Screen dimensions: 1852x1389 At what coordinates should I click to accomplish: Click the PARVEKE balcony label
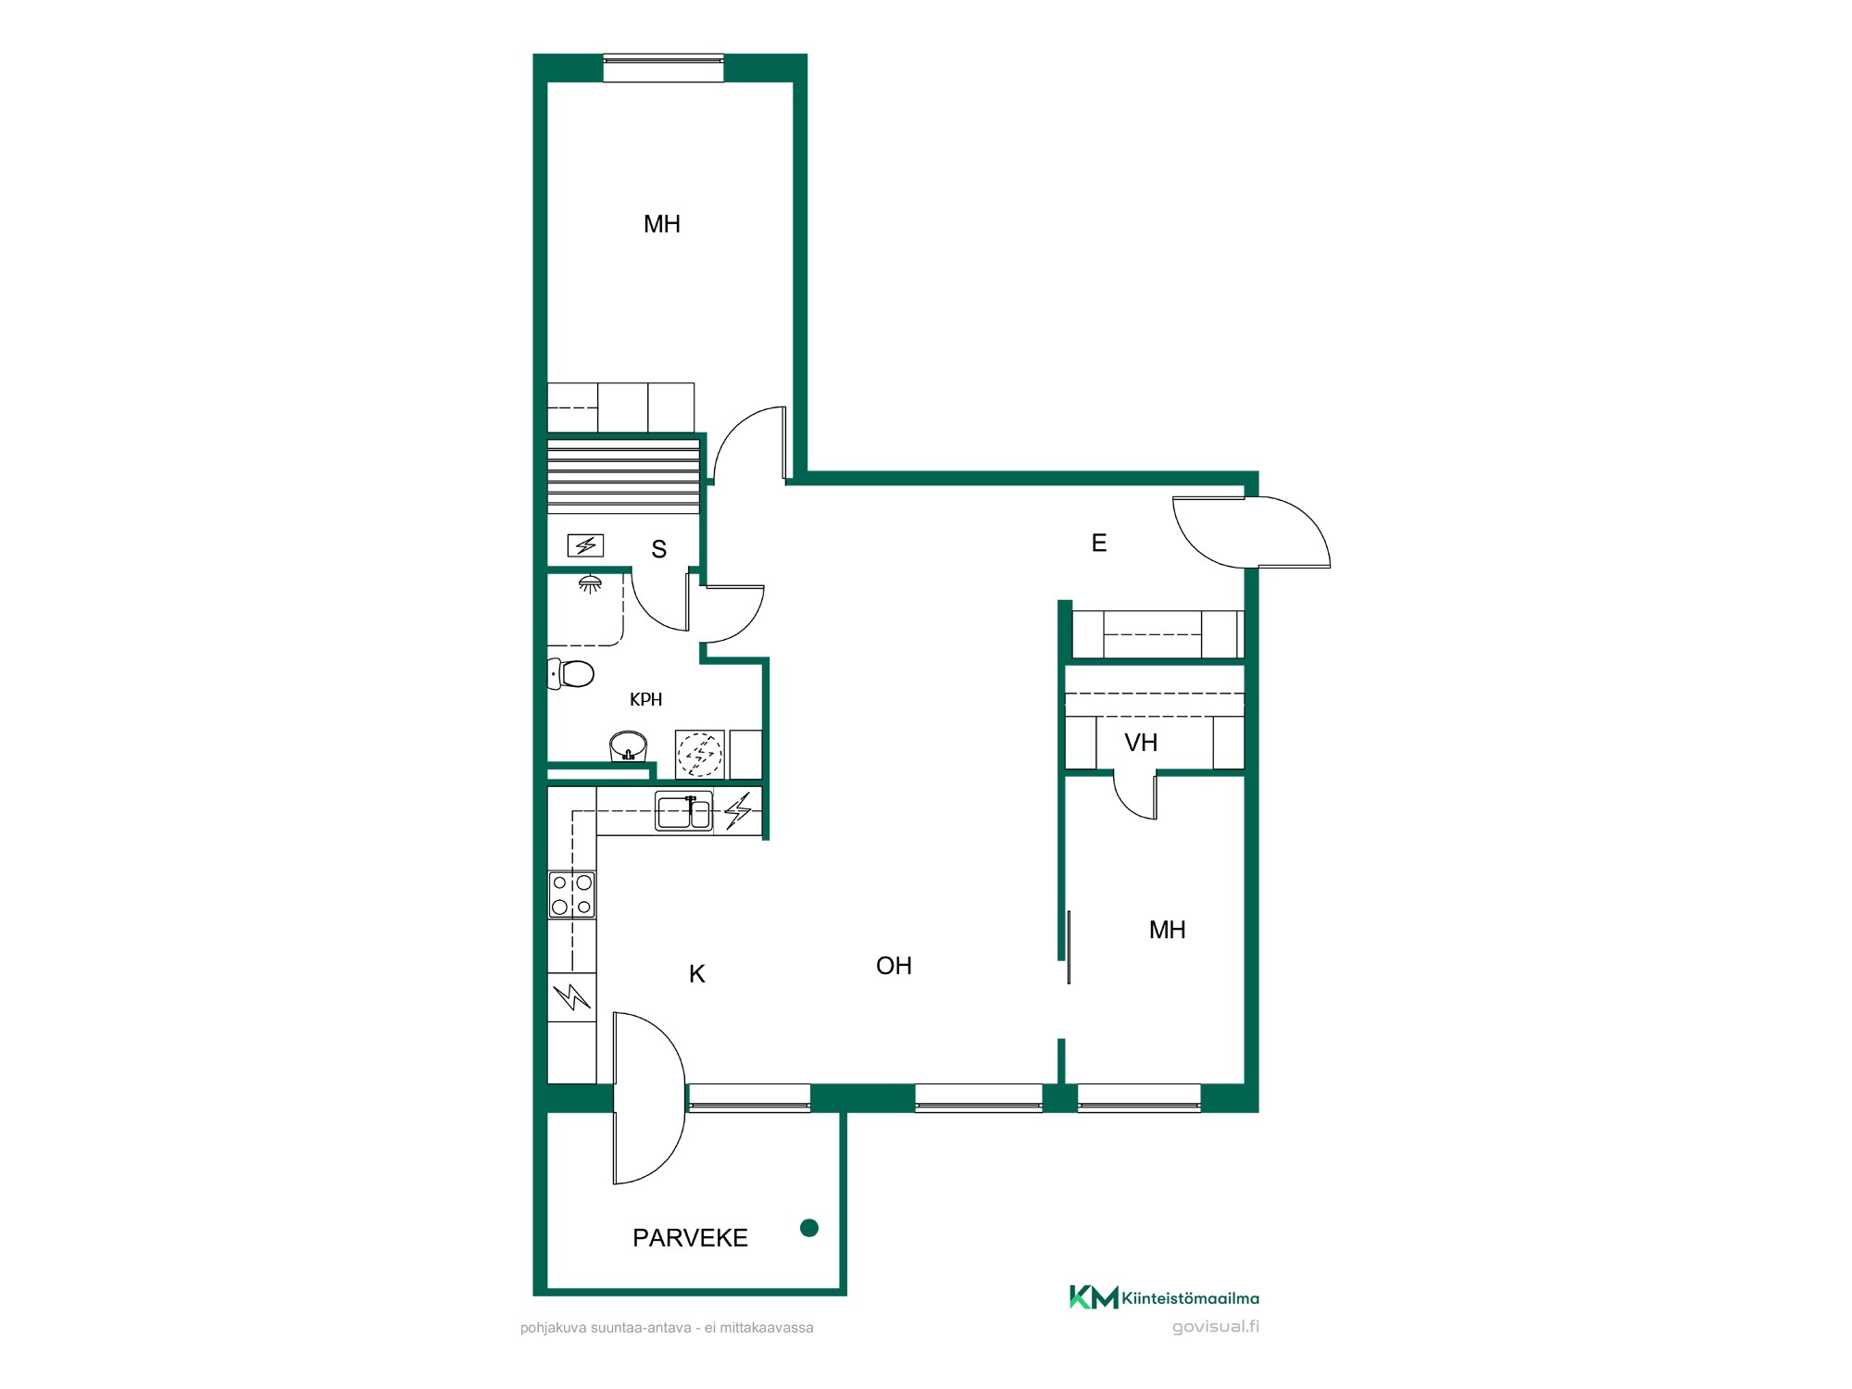click(x=690, y=1238)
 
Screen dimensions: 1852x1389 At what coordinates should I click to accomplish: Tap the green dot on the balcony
click(x=809, y=1228)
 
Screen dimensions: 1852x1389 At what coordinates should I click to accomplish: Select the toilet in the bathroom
click(x=570, y=673)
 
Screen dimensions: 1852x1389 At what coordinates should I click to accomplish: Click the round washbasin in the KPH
click(x=628, y=745)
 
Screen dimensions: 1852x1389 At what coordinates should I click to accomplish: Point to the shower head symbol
click(x=590, y=583)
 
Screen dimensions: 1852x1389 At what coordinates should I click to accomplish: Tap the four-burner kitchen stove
click(x=571, y=895)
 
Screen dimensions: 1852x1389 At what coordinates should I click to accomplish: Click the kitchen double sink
click(x=684, y=811)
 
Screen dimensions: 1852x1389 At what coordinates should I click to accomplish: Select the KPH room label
click(x=646, y=700)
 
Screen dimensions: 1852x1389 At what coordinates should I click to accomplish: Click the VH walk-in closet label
click(x=1141, y=743)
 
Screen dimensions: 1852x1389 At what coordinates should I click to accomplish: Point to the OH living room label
click(x=895, y=966)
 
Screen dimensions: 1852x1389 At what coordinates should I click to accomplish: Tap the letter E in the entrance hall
click(x=1099, y=543)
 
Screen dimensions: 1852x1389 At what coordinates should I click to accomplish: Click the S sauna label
click(x=659, y=549)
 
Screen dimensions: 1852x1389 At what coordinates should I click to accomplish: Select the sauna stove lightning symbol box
click(x=585, y=545)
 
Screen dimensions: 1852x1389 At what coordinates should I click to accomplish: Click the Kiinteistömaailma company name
click(x=1190, y=1298)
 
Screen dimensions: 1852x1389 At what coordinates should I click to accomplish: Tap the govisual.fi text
click(x=1216, y=1326)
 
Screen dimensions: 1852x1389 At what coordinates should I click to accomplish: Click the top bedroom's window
click(x=663, y=69)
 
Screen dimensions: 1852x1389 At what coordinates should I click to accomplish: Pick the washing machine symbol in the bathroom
click(x=699, y=755)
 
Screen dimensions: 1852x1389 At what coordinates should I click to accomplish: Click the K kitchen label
click(x=697, y=974)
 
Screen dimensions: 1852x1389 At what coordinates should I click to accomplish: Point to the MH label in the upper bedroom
click(x=662, y=224)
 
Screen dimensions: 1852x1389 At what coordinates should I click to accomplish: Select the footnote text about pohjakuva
click(x=667, y=1328)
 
